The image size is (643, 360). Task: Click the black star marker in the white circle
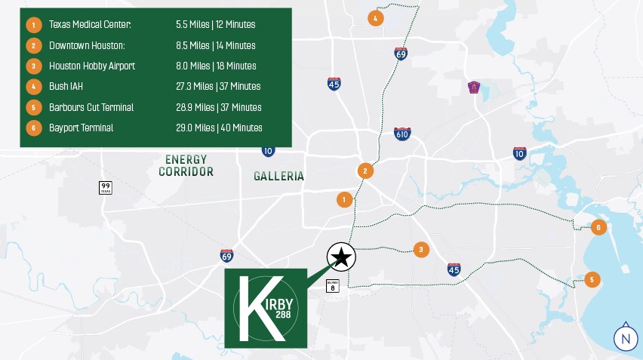tap(341, 257)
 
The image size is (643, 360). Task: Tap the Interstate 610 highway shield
tap(403, 134)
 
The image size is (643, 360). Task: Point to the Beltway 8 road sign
tap(332, 286)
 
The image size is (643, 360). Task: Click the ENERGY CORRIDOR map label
tap(186, 165)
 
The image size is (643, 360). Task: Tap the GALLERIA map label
tap(278, 176)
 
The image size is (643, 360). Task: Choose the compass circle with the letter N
tap(625, 339)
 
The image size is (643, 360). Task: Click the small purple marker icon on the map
tap(474, 87)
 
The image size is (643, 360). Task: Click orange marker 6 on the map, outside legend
tap(598, 226)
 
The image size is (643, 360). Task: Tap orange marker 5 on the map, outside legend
tap(592, 279)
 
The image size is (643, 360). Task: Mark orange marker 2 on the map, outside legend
tap(365, 171)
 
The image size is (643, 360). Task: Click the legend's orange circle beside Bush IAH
tap(33, 87)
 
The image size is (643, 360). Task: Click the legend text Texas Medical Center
tap(90, 25)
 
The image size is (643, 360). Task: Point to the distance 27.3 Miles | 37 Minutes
tap(218, 87)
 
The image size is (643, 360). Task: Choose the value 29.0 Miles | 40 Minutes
tap(219, 128)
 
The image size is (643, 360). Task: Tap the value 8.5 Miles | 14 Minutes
tap(215, 45)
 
